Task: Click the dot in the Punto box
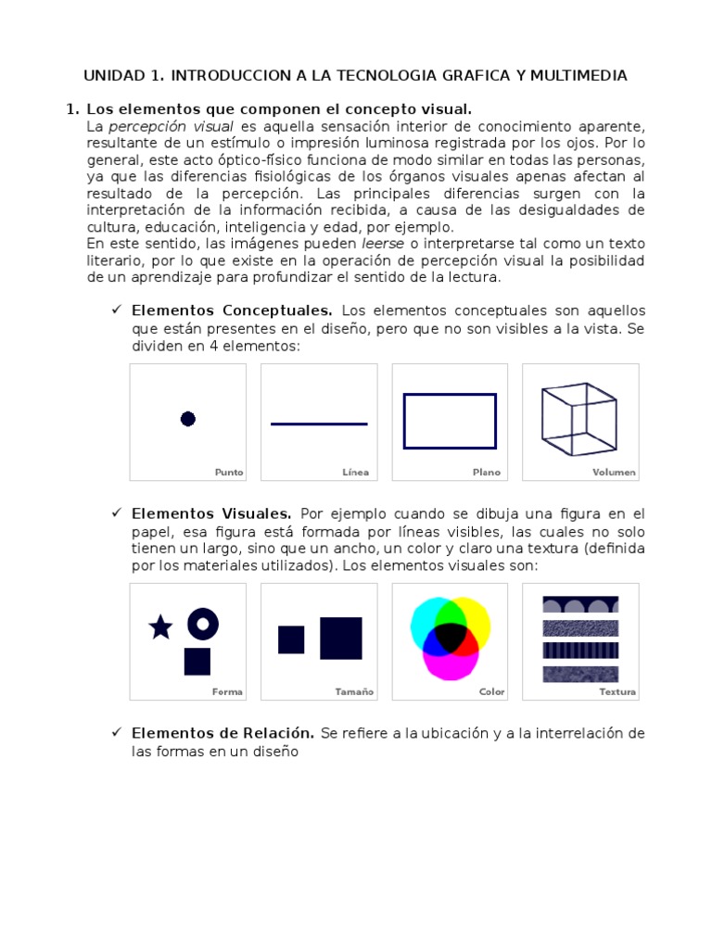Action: [x=188, y=419]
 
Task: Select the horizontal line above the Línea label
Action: [x=319, y=424]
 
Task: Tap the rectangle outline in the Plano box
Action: [x=450, y=395]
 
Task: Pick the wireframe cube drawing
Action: [x=579, y=419]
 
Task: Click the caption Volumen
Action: [x=614, y=472]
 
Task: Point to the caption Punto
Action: [x=229, y=472]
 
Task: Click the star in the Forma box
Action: [x=161, y=628]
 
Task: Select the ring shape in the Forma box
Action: [x=203, y=624]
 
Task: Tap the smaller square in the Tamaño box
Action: [x=291, y=639]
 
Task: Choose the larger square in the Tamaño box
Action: [x=341, y=638]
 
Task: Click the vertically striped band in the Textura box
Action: [x=580, y=650]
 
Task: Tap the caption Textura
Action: [x=617, y=691]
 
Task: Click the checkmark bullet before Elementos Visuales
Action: [x=117, y=512]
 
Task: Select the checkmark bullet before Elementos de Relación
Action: [x=117, y=732]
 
